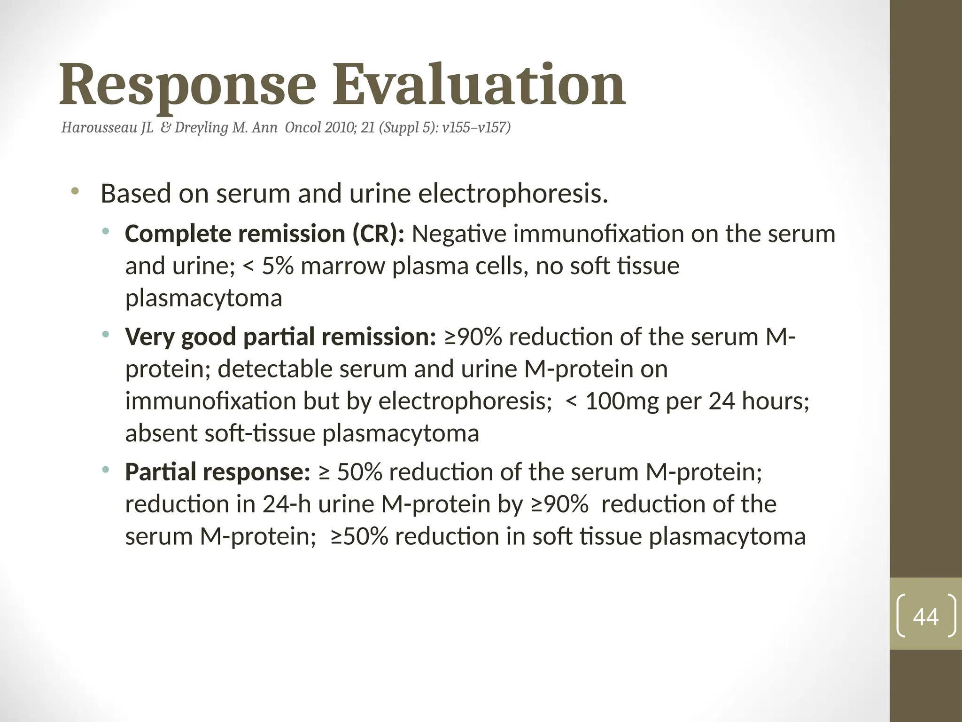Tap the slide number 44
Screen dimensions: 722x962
[925, 616]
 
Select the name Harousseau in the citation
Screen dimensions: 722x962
[100, 127]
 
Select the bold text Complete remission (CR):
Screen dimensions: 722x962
[264, 234]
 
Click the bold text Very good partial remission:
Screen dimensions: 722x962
[280, 337]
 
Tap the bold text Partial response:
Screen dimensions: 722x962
[217, 472]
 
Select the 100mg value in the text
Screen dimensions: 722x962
[622, 401]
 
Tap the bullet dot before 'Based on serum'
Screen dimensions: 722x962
[75, 191]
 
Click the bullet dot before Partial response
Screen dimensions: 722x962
[106, 470]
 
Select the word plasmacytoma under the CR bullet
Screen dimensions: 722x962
[203, 298]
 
